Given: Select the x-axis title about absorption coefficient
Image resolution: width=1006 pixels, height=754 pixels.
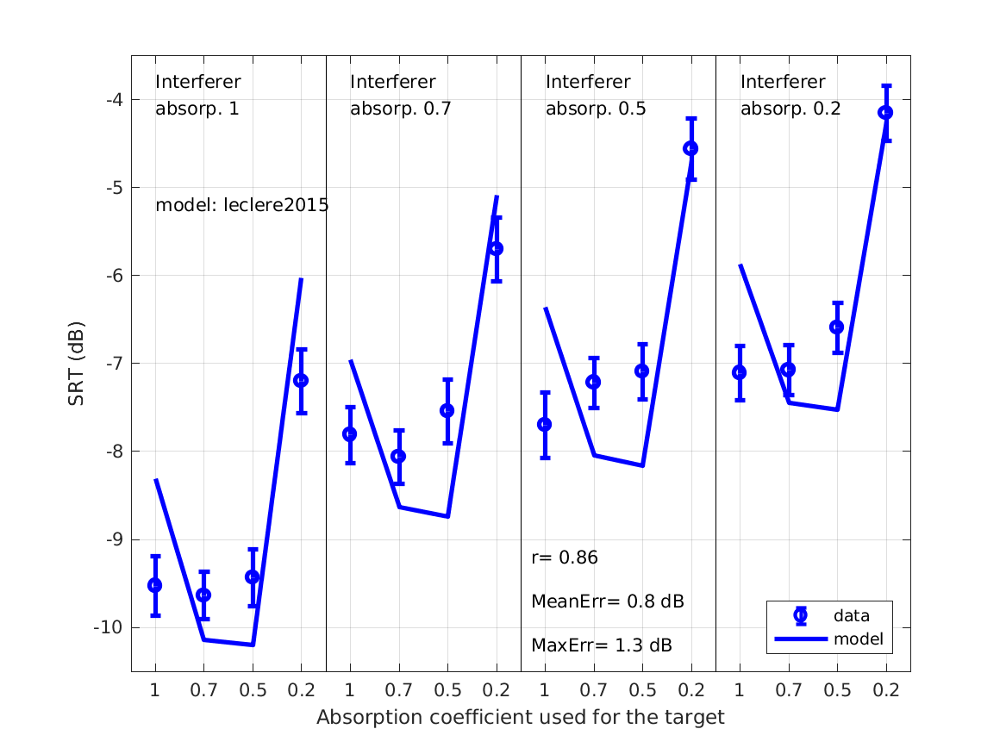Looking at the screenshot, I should [x=520, y=717].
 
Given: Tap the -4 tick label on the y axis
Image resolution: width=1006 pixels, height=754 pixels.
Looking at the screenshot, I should [x=115, y=100].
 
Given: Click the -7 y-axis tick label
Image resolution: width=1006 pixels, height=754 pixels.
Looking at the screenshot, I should [x=115, y=364].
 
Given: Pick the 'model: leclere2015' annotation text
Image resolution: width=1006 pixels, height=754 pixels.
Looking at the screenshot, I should [x=241, y=206].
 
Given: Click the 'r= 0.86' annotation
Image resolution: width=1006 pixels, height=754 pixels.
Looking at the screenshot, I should [x=565, y=558].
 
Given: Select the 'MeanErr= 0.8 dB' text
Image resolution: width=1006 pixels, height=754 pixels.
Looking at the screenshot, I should [x=607, y=601].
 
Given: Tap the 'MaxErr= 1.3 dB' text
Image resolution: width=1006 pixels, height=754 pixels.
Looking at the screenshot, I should [x=601, y=645].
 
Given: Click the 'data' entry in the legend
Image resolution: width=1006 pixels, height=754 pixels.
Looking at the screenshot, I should [x=851, y=615].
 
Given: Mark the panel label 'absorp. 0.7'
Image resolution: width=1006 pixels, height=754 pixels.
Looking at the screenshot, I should [x=400, y=109].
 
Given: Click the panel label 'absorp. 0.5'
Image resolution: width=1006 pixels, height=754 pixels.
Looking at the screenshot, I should [x=596, y=109].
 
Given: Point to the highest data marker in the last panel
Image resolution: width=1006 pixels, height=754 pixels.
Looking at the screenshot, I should [x=885, y=113].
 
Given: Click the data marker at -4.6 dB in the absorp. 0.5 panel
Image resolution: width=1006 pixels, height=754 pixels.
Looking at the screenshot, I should [x=690, y=148].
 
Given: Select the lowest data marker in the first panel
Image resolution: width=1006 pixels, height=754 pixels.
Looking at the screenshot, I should [x=203, y=595].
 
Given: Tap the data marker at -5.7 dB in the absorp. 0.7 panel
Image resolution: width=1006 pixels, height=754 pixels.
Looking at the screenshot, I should [x=496, y=248].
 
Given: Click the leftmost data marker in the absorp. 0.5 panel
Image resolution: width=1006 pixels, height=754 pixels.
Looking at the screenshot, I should [x=544, y=424].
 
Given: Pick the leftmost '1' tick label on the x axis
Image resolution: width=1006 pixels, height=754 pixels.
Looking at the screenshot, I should [x=155, y=689].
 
